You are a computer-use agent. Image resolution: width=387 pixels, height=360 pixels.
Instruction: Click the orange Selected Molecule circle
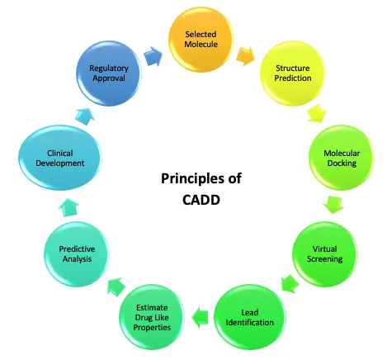tap(201, 40)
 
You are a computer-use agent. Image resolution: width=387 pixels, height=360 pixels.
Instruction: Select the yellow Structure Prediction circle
tap(293, 73)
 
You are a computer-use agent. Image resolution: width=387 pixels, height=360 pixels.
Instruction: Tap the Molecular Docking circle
tap(342, 158)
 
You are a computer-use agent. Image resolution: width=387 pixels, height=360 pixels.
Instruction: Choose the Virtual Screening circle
tap(324, 254)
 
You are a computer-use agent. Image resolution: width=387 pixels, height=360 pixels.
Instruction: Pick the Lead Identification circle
tap(250, 317)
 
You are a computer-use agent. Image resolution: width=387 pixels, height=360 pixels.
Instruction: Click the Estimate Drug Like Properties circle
tap(152, 317)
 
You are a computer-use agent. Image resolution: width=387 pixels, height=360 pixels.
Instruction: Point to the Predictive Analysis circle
tap(77, 254)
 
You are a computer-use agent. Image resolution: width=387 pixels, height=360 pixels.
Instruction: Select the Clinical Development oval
tap(60, 158)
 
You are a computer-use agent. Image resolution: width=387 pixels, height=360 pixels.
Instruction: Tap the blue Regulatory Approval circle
tap(109, 73)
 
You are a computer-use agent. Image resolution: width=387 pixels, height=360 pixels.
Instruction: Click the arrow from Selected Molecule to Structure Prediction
tap(245, 56)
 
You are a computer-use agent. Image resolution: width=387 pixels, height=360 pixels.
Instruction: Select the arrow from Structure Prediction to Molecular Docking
tap(317, 113)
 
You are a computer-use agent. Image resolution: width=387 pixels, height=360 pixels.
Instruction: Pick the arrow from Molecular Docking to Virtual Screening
tap(333, 205)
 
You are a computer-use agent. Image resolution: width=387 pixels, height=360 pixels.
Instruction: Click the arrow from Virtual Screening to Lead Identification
tap(290, 283)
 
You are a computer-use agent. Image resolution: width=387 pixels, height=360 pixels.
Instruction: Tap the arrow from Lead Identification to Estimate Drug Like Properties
tap(200, 317)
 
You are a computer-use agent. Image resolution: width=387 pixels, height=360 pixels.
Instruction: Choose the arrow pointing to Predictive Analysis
tap(116, 287)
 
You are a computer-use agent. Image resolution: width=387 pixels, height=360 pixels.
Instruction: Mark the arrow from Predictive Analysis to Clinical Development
tap(68, 207)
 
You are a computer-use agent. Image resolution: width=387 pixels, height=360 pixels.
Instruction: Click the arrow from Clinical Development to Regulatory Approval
tap(85, 116)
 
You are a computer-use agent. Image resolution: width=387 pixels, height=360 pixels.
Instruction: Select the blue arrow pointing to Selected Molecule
tap(153, 56)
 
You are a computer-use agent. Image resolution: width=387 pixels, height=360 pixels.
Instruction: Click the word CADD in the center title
tap(201, 200)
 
